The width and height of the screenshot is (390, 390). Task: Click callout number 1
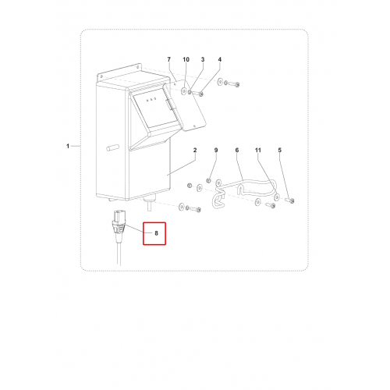point(68,146)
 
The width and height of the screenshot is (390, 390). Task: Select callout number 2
point(195,150)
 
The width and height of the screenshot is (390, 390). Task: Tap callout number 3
point(203,59)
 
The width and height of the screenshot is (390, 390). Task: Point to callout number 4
point(220,59)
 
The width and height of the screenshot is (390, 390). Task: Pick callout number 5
point(280,150)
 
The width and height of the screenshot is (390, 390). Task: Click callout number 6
point(237,150)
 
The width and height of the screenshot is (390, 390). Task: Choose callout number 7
point(169,59)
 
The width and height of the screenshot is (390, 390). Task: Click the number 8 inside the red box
point(156,233)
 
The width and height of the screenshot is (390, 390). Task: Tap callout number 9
point(216,150)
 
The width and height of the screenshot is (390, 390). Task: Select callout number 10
point(186,59)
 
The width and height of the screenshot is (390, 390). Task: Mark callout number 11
point(258,150)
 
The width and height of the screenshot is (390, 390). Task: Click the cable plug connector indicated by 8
point(119,225)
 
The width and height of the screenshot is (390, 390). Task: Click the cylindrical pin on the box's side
point(113,147)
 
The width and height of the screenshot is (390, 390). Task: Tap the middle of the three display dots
point(151,99)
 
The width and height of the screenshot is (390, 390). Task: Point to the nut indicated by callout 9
point(208,180)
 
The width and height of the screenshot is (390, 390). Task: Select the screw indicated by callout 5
point(289,200)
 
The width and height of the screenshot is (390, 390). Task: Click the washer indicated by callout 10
point(184,91)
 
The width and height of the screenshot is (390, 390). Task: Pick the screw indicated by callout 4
point(198,93)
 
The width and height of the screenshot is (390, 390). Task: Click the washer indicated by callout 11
point(277,197)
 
